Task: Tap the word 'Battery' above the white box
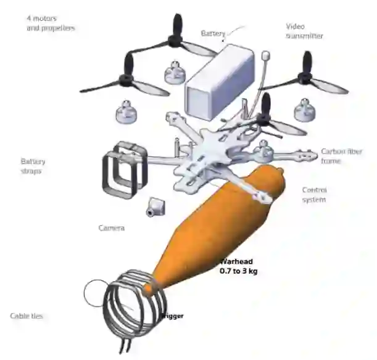213,33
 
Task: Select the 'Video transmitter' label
304,31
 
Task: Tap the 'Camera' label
112,227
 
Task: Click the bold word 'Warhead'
237,261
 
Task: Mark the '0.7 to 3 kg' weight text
238,270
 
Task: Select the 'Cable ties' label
27,316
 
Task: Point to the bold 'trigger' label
172,316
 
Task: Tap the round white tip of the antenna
266,55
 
